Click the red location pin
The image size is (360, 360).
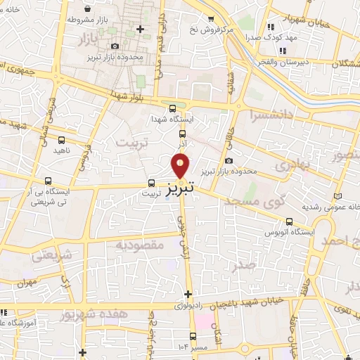[181, 165]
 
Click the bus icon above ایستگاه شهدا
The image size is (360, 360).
[173, 108]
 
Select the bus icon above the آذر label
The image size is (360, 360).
[183, 133]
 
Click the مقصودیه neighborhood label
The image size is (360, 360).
[140, 245]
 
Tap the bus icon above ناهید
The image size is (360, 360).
[60, 139]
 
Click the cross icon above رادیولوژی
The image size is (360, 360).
[187, 294]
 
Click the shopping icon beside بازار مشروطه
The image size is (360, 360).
[86, 9]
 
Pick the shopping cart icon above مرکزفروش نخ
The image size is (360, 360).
[211, 19]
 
